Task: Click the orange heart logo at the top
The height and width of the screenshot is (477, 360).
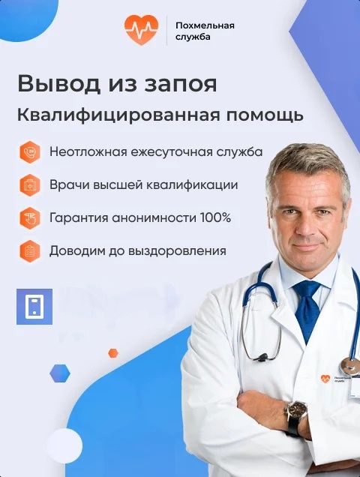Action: [x=142, y=31]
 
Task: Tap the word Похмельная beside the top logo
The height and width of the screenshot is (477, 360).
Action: [x=205, y=25]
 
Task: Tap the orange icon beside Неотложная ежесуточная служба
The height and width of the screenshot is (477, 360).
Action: [x=29, y=151]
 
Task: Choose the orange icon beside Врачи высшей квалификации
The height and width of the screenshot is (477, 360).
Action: [x=29, y=184]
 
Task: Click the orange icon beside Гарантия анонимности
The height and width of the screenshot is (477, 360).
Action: [x=29, y=217]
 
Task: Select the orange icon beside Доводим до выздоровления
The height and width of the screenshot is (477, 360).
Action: [x=29, y=250]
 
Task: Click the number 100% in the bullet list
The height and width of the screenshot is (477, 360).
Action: [x=215, y=218]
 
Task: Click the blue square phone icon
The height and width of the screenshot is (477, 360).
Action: [x=34, y=306]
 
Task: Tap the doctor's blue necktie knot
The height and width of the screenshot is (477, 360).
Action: [x=307, y=289]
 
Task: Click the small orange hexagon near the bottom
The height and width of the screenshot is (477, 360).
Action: [x=113, y=352]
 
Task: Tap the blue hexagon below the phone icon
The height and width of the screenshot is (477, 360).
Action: [x=59, y=372]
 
